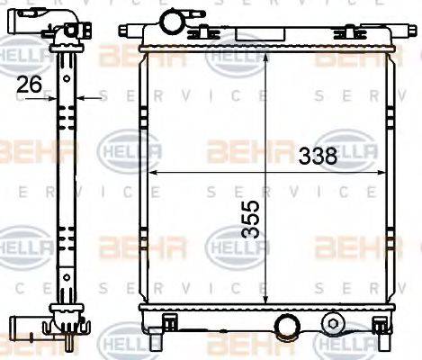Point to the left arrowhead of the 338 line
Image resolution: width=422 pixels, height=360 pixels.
click(x=149, y=171)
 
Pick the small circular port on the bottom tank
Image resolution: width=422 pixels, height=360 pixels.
click(x=335, y=322)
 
